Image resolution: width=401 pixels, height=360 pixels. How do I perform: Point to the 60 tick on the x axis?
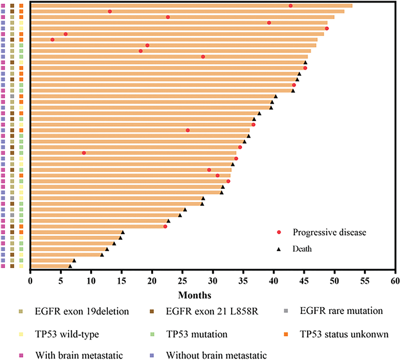coord(395,281)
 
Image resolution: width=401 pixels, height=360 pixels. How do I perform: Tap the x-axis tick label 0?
coord(30,281)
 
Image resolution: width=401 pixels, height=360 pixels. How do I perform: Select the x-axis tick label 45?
coord(304,281)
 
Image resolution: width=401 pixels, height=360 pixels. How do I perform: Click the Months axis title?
coord(195,295)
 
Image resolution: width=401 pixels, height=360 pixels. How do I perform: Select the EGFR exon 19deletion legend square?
coord(21,311)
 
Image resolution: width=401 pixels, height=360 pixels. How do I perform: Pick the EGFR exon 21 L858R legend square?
coord(152,311)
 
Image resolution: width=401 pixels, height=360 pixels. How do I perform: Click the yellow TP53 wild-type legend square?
coord(21,334)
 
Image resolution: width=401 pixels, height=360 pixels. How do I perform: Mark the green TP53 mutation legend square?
coord(152,334)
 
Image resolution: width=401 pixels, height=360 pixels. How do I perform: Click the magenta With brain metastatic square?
coord(21,355)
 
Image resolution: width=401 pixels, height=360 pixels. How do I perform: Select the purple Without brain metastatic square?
coord(152,355)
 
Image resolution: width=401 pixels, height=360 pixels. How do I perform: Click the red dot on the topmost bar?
coord(290,6)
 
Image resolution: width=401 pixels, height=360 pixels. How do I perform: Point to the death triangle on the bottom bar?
coord(70,266)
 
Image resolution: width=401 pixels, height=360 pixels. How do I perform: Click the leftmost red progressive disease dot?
coord(52,40)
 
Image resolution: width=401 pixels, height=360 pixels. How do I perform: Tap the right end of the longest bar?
coord(352,6)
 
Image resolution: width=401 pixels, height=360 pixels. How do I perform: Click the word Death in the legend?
coord(302,249)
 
